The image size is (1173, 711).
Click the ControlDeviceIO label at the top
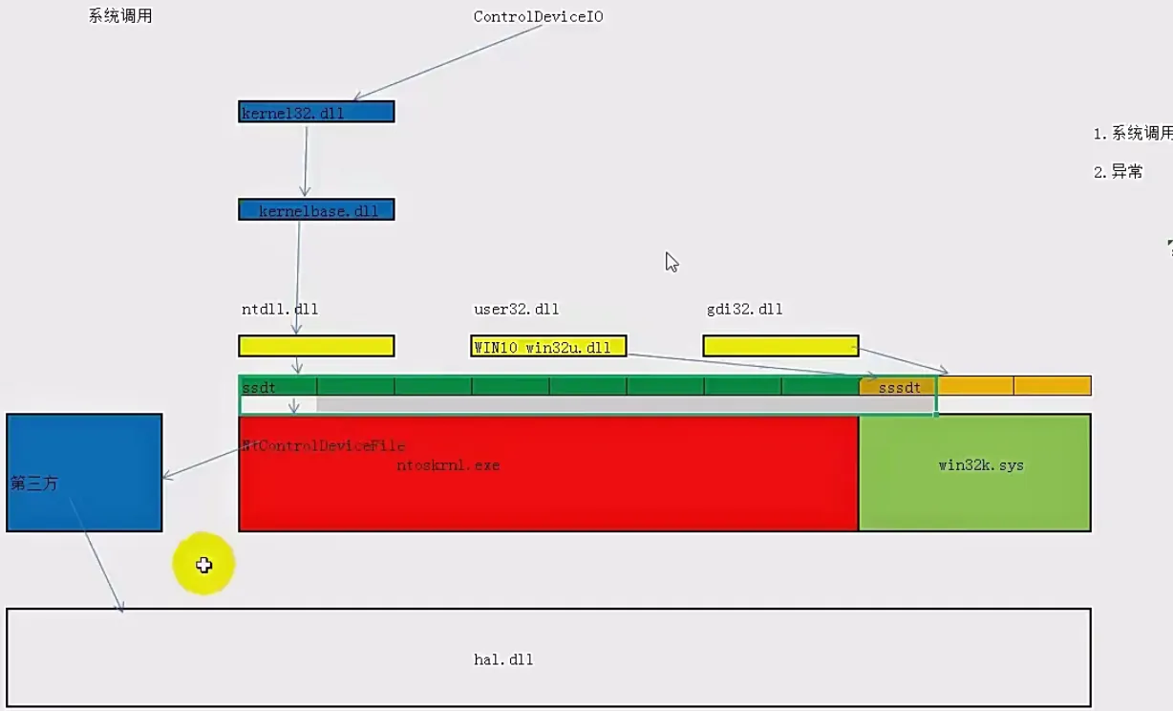[x=538, y=17]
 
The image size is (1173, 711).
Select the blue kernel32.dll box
[x=316, y=112]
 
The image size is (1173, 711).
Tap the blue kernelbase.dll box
[x=316, y=210]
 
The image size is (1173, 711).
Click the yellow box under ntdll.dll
[x=316, y=345]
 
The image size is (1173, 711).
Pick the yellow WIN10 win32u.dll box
[x=548, y=346]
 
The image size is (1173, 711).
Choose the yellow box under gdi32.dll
[x=780, y=345]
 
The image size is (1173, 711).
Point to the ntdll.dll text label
[x=280, y=310]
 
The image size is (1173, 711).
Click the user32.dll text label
[x=516, y=310]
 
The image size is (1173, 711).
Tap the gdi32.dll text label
[x=744, y=310]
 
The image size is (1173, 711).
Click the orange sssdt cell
[x=898, y=387]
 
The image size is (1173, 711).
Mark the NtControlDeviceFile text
[x=324, y=445]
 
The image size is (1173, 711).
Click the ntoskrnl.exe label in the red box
[x=448, y=465]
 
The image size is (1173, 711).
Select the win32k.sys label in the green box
[x=981, y=465]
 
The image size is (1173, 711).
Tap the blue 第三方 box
[x=84, y=472]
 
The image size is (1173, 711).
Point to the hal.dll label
[x=503, y=659]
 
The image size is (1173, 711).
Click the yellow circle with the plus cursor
[x=203, y=565]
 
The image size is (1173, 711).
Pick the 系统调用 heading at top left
[x=120, y=16]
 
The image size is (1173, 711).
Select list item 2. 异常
[x=1119, y=172]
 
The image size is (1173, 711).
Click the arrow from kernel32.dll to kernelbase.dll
[x=306, y=161]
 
